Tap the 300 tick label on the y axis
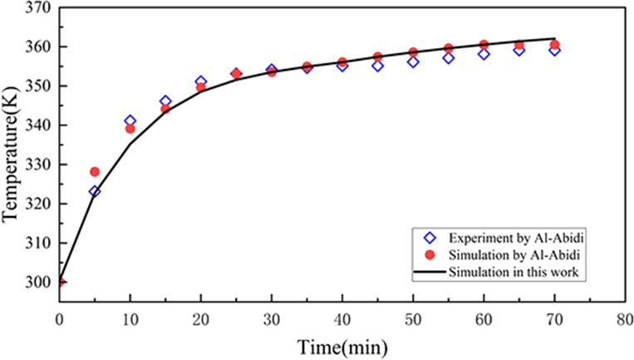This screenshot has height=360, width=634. point(38,283)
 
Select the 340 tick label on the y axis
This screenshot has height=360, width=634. point(38,126)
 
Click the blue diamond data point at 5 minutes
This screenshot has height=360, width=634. point(95,191)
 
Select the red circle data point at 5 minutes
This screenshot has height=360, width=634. point(95,172)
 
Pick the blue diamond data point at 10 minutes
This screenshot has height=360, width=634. point(130,121)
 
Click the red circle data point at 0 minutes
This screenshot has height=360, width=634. point(60,282)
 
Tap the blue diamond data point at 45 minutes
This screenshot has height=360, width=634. point(377,66)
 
